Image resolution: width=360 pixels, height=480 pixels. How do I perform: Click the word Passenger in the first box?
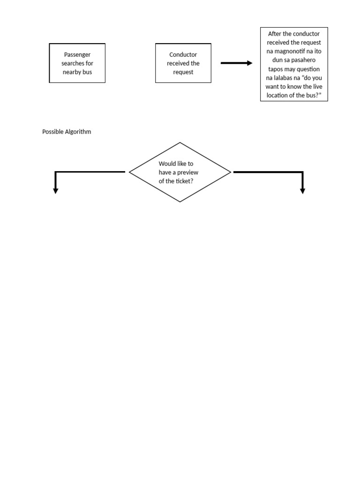point(77,55)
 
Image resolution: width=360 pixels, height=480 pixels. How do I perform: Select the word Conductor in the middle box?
point(183,55)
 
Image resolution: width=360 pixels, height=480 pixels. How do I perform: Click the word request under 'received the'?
point(183,72)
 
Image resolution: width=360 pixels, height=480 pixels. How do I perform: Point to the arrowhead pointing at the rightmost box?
point(250,63)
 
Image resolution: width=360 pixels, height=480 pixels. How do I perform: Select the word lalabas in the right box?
point(286,78)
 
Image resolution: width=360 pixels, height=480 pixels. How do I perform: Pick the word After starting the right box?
point(275,34)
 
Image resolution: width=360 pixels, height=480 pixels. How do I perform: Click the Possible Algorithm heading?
point(67,132)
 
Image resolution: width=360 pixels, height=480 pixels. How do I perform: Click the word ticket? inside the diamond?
point(184,181)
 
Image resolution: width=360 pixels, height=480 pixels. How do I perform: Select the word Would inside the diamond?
point(167,164)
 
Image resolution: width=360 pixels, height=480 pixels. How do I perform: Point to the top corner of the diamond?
point(180,142)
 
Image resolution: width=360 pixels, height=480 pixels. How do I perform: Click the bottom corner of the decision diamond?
point(180,202)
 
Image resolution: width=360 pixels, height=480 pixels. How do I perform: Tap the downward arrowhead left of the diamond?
point(55,190)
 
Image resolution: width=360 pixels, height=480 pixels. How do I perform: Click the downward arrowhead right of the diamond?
point(302,190)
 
